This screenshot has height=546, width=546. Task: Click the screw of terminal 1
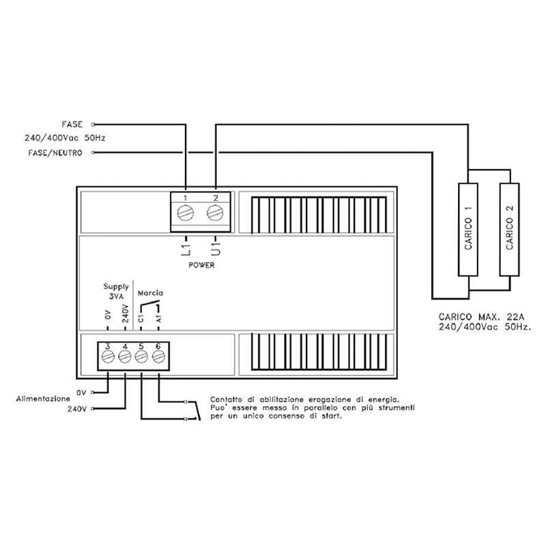[x=185, y=212]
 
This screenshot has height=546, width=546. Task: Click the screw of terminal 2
[x=215, y=212]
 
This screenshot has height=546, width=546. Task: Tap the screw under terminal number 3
[x=108, y=356]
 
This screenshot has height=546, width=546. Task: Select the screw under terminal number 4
[x=125, y=356]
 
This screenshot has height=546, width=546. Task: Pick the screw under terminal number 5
[x=141, y=356]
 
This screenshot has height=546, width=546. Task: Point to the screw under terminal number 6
[x=158, y=356]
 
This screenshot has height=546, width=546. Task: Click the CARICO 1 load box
[x=468, y=229]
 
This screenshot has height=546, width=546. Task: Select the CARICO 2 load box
[x=509, y=229]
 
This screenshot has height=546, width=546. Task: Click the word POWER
[x=201, y=265]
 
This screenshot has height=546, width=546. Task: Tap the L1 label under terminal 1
[x=186, y=250]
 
